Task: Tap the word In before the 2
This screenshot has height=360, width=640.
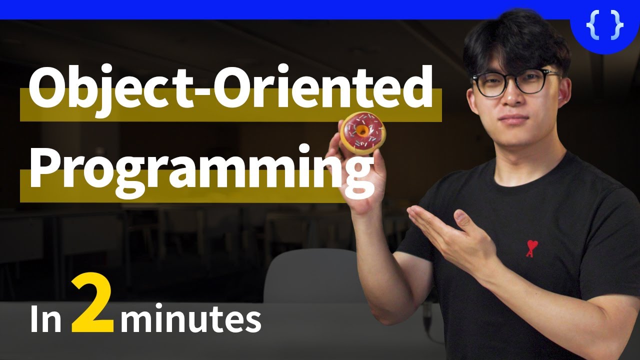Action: (x=45, y=320)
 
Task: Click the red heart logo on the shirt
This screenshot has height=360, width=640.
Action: (x=531, y=247)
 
